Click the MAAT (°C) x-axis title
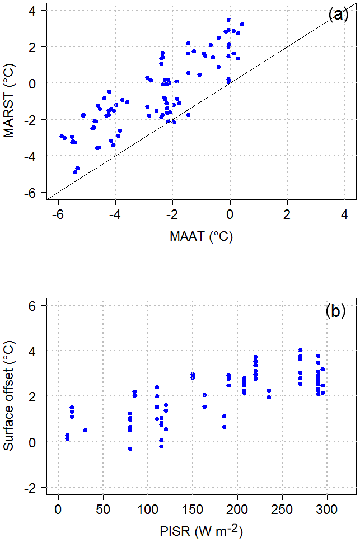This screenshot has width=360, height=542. (x=201, y=237)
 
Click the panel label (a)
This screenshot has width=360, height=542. (x=338, y=15)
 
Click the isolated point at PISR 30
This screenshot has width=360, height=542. (x=85, y=430)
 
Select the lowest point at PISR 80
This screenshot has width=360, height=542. (x=130, y=448)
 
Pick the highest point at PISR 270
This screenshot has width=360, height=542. (x=300, y=351)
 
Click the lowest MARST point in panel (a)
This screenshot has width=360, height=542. (x=75, y=172)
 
